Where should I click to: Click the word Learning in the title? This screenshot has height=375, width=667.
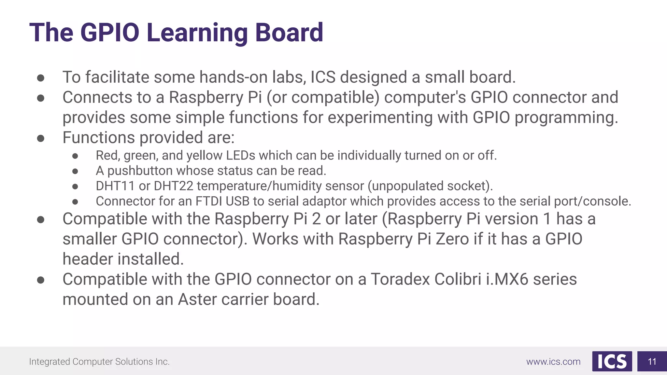[x=197, y=33]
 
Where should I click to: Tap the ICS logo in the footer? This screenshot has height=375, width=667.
[x=612, y=361]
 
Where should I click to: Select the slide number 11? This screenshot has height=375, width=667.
[x=652, y=361]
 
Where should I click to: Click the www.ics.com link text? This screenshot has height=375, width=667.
[x=553, y=362]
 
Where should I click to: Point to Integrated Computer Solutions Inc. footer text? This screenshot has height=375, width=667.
[x=99, y=362]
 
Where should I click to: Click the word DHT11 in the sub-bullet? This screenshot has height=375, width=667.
[x=115, y=186]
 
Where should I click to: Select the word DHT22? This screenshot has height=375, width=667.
[x=173, y=186]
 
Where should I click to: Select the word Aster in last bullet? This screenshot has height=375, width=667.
[x=197, y=299]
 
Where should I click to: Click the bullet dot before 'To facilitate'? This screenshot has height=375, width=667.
[x=41, y=77]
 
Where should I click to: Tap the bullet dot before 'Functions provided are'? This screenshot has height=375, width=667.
[x=41, y=138]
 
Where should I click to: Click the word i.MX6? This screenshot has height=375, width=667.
[x=507, y=279]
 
